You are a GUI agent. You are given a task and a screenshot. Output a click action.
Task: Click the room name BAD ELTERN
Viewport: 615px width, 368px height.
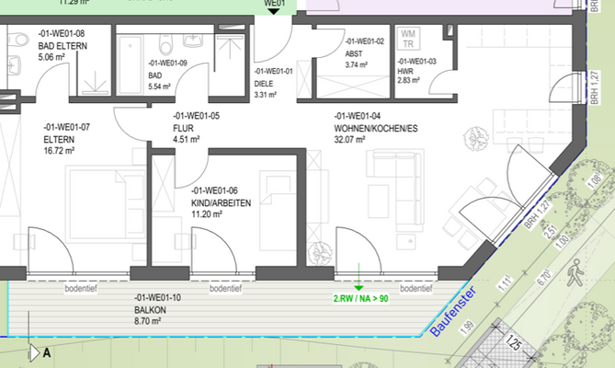click(x=62, y=44)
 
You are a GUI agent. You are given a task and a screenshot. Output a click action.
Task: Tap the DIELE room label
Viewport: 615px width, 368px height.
click(x=264, y=83)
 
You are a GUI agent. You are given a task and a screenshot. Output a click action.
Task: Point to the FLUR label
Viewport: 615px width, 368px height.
click(x=183, y=128)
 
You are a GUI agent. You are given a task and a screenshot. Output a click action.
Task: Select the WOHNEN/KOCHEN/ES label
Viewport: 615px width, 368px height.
click(x=375, y=128)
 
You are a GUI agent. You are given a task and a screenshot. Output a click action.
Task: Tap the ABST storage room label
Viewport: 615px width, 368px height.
click(x=354, y=53)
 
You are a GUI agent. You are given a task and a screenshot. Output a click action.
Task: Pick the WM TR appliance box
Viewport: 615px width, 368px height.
click(x=406, y=38)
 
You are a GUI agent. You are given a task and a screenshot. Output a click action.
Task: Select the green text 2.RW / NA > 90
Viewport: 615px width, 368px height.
click(x=360, y=298)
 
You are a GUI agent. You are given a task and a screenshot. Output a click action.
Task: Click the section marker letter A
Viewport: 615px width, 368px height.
click(x=46, y=351)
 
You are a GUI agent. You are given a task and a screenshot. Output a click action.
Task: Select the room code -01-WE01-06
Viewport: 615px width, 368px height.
click(x=214, y=190)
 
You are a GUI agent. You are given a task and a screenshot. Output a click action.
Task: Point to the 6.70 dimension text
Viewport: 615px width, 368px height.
click(x=542, y=274)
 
